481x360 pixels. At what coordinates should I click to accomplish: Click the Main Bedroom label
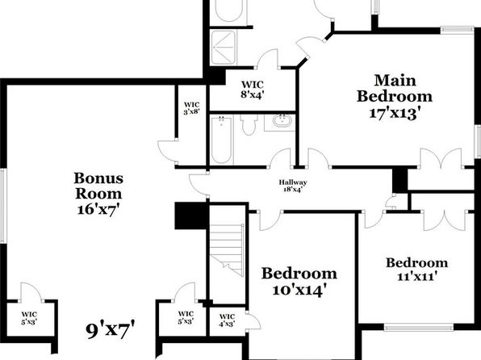point(395,89)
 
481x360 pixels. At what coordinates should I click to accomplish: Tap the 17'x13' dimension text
point(394,113)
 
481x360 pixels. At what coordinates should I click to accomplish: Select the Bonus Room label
point(98,186)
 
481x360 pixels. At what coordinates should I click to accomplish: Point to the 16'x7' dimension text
point(98,210)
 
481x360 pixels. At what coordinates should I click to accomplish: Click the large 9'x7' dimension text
point(110,330)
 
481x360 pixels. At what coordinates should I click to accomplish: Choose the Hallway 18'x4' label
point(293,186)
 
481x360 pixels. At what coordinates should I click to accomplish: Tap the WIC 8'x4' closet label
point(252,90)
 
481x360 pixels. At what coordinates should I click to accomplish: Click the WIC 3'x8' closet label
point(192,108)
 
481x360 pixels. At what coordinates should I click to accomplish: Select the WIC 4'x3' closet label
point(228,320)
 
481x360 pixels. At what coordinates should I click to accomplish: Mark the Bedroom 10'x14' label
point(299,282)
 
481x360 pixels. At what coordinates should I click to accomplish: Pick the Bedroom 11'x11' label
point(417,270)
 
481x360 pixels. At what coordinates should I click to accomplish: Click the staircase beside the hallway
point(228,250)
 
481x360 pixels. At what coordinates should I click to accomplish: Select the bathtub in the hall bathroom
point(221,140)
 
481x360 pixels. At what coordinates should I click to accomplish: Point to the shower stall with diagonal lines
point(224,48)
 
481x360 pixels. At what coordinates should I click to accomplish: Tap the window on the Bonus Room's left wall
point(3,206)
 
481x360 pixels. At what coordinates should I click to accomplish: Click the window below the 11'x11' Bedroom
point(419,328)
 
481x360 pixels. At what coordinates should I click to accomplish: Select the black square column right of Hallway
point(400,181)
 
